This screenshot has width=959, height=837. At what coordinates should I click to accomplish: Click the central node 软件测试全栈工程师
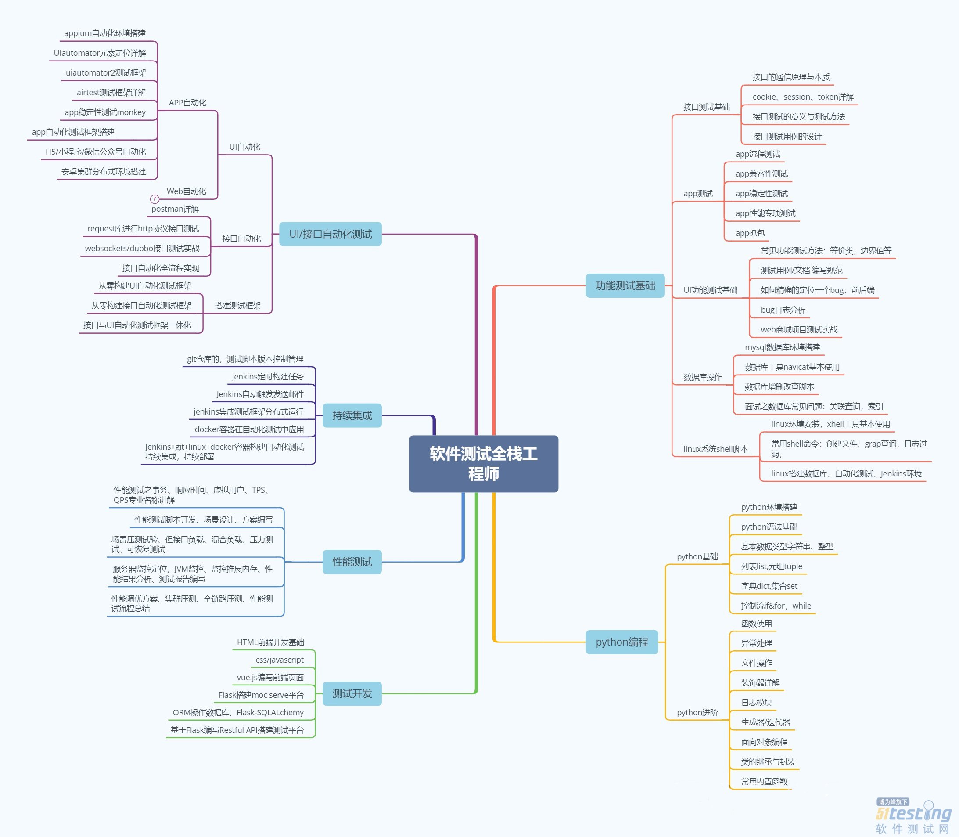click(484, 463)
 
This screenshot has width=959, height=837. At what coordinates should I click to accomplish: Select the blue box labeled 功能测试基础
click(625, 285)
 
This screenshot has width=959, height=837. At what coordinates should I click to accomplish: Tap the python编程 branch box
click(622, 642)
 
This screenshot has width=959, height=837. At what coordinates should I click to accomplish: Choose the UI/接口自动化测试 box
click(330, 234)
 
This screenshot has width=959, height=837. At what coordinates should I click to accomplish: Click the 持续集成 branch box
click(352, 415)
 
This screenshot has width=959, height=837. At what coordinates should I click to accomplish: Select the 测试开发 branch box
click(352, 693)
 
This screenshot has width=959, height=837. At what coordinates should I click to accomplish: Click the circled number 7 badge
click(154, 199)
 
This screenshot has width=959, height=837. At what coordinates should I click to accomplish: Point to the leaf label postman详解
click(175, 209)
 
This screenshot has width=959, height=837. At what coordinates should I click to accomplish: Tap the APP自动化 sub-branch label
click(188, 102)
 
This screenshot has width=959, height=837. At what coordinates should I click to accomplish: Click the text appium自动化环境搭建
click(105, 33)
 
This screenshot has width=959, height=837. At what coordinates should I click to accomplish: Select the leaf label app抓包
click(750, 233)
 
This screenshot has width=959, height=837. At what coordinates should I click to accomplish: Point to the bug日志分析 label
click(783, 310)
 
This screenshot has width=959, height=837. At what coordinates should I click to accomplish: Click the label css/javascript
click(280, 660)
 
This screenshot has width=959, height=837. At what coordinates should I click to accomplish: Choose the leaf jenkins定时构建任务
click(268, 376)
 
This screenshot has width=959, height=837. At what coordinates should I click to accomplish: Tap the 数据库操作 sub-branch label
click(703, 377)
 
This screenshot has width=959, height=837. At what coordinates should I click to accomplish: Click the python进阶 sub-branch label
click(697, 712)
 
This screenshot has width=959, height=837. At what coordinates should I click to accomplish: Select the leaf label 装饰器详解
click(761, 682)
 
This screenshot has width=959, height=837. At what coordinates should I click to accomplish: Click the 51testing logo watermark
click(913, 816)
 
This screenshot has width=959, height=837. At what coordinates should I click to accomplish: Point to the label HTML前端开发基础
click(270, 642)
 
